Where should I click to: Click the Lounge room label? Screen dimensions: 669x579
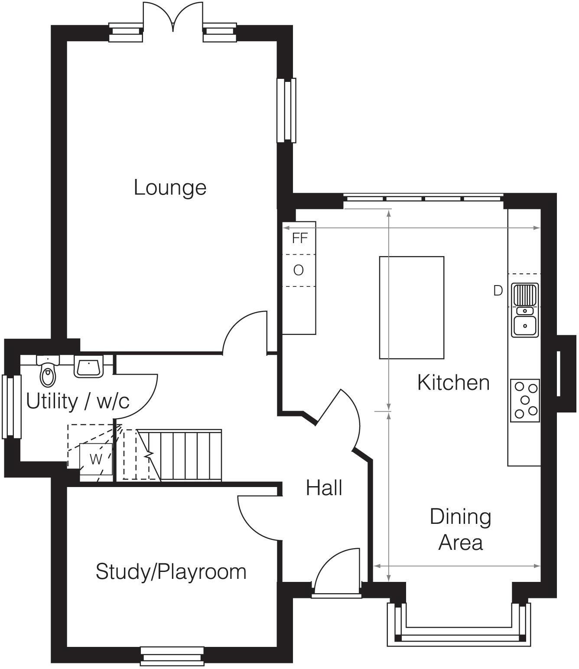pos(170,188)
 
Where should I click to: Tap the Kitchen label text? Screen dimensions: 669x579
pos(453,383)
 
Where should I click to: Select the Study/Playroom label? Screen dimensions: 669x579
pos(171,572)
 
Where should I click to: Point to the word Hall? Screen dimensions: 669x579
pos(324,488)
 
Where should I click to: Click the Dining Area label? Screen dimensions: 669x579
pos(460,529)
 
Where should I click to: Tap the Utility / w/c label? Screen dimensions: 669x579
pos(78,401)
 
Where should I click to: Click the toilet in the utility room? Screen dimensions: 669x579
pos(48,373)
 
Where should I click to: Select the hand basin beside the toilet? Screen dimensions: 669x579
pos(89,367)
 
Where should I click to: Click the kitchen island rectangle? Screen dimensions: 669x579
pos(411,308)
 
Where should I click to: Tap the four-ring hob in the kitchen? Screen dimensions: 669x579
pos(525,400)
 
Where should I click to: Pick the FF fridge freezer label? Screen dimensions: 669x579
pos(299,238)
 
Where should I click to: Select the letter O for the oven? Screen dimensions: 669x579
pos(298,270)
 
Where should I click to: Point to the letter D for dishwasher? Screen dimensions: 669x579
pos(498,291)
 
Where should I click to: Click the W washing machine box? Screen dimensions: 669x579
pos(96,459)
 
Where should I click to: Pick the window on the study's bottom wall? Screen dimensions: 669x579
pos(172,656)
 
